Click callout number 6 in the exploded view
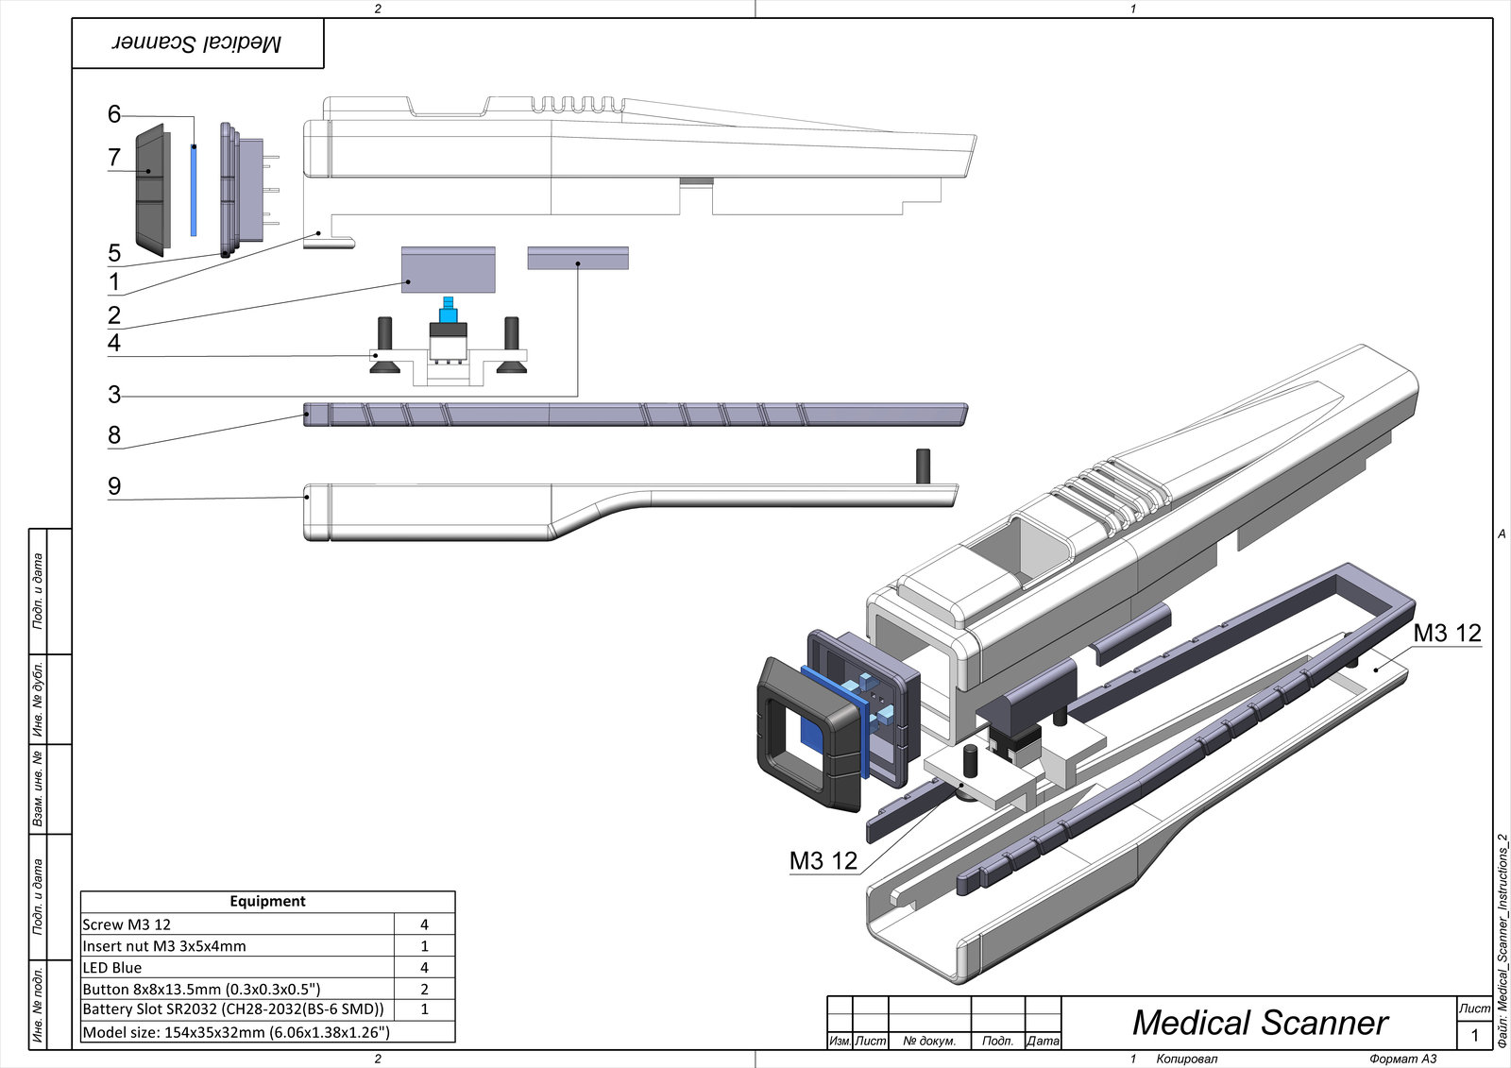point(114,114)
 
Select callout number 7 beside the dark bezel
point(114,158)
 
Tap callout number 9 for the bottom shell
point(114,486)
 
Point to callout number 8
point(114,435)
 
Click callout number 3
point(114,394)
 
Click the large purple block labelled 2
point(448,269)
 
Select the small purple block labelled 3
point(577,258)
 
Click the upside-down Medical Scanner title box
point(198,43)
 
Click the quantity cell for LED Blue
point(424,967)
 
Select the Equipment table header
point(267,901)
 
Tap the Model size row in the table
point(236,1032)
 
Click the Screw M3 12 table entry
point(127,924)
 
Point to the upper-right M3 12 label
point(1447,633)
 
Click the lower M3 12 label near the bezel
point(823,860)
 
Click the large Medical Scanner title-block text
point(1260,1023)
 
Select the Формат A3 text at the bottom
point(1402,1059)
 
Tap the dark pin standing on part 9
point(923,466)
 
